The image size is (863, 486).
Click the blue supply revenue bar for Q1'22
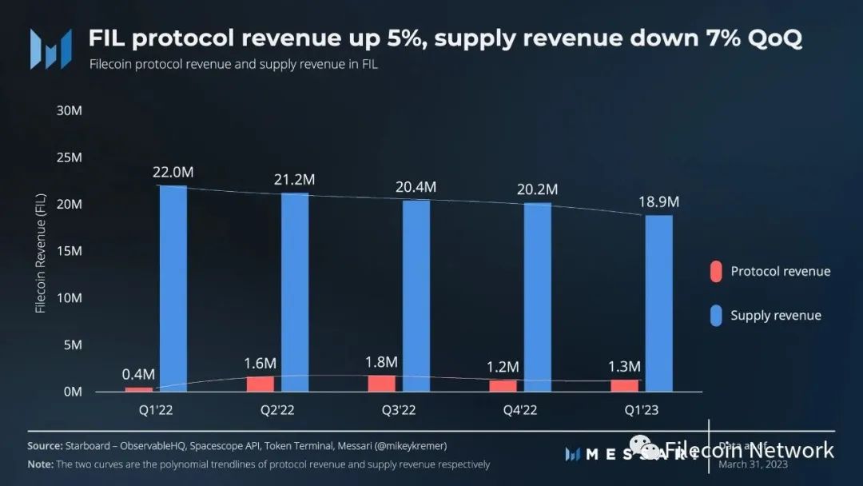pyautogui.click(x=173, y=289)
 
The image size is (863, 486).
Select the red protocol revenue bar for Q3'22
pyautogui.click(x=382, y=384)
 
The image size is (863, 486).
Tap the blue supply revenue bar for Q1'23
pyautogui.click(x=658, y=304)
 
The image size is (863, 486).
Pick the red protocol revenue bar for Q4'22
pyautogui.click(x=503, y=386)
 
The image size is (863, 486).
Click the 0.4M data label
pyautogui.click(x=138, y=374)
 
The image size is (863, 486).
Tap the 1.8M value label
pyautogui.click(x=382, y=361)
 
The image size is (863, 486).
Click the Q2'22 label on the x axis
pyautogui.click(x=277, y=410)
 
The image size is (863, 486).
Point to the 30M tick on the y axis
pyautogui.click(x=70, y=110)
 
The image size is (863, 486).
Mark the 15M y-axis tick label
pyautogui.click(x=70, y=251)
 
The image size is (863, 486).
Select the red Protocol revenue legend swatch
pyautogui.click(x=716, y=272)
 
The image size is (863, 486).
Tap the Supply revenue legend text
pyautogui.click(x=775, y=316)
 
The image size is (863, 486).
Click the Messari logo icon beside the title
pyautogui.click(x=46, y=49)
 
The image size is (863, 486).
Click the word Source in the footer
pyautogui.click(x=45, y=445)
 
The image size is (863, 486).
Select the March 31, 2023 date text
pyautogui.click(x=752, y=464)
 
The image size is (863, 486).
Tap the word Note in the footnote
pyautogui.click(x=40, y=464)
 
